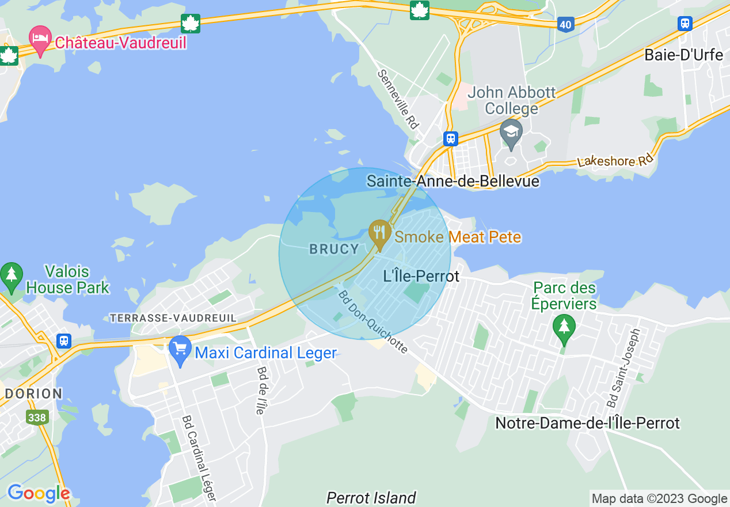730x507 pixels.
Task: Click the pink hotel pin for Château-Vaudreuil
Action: pyautogui.click(x=40, y=39)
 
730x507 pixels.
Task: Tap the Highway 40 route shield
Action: pyautogui.click(x=565, y=24)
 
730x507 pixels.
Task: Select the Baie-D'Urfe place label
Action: pyautogui.click(x=683, y=55)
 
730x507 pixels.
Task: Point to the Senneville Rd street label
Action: pyautogui.click(x=398, y=99)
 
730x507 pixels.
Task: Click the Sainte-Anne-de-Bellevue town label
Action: pyautogui.click(x=453, y=181)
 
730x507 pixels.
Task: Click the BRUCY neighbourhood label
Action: pyautogui.click(x=334, y=249)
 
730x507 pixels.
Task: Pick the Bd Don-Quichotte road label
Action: pyautogui.click(x=372, y=321)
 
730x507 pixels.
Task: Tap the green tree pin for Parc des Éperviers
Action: pyautogui.click(x=564, y=327)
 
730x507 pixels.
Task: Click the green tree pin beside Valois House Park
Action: pyautogui.click(x=11, y=276)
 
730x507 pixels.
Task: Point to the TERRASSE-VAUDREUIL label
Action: pyautogui.click(x=173, y=318)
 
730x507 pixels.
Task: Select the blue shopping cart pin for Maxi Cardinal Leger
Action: pyautogui.click(x=181, y=350)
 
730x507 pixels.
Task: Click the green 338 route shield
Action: pyautogui.click(x=36, y=417)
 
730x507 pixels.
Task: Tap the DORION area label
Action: pyautogui.click(x=33, y=394)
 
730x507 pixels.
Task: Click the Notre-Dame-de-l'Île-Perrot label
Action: pyautogui.click(x=587, y=423)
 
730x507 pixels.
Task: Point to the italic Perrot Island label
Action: pyautogui.click(x=371, y=498)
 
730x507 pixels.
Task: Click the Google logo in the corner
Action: pyautogui.click(x=39, y=493)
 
